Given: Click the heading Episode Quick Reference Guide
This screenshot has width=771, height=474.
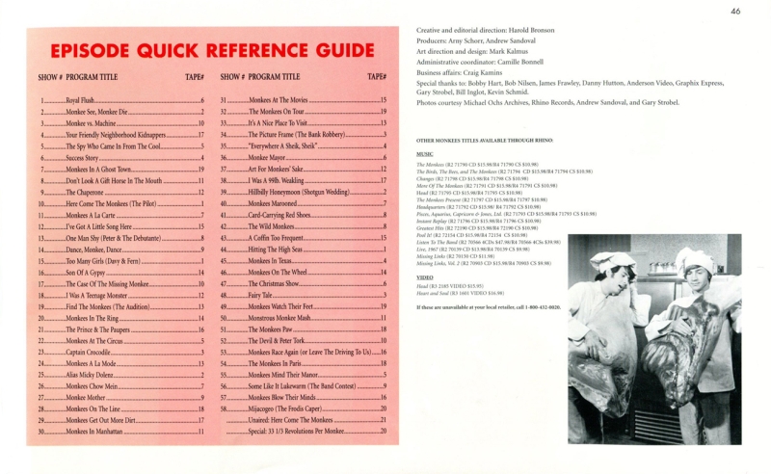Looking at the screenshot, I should [x=212, y=50].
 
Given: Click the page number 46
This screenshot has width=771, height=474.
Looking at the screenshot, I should [x=735, y=12].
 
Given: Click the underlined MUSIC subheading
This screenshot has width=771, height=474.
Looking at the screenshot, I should [x=424, y=153].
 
